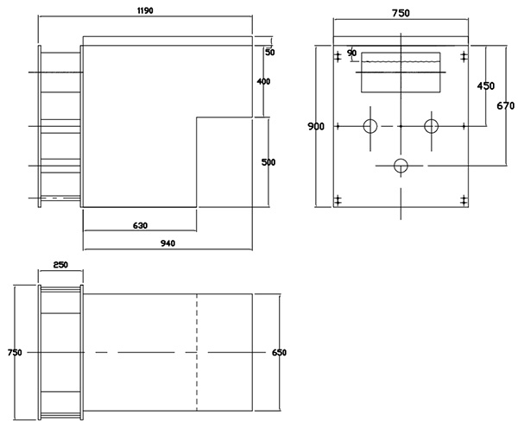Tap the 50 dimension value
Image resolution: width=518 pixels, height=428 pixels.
(269, 53)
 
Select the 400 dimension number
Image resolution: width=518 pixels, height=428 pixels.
(263, 82)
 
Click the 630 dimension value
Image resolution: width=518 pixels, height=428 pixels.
(140, 226)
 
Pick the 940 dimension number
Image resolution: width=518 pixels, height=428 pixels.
(167, 243)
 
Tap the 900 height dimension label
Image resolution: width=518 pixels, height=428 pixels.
(316, 127)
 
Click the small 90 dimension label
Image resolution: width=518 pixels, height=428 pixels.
(351, 53)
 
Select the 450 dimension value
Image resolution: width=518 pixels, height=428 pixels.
(485, 85)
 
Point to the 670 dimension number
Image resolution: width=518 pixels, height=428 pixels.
(507, 105)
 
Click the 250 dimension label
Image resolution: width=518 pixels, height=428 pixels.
(60, 266)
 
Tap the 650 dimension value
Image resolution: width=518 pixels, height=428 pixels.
(279, 353)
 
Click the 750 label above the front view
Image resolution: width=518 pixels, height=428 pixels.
(401, 12)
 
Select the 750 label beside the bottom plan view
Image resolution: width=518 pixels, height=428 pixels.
(13, 353)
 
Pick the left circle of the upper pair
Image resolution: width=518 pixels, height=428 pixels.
(370, 126)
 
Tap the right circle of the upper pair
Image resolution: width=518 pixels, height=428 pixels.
(431, 126)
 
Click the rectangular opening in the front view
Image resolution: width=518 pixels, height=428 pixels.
(401, 73)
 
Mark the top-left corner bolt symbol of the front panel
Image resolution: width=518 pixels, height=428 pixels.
(338, 57)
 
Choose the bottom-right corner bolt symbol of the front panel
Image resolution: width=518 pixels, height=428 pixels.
(464, 200)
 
